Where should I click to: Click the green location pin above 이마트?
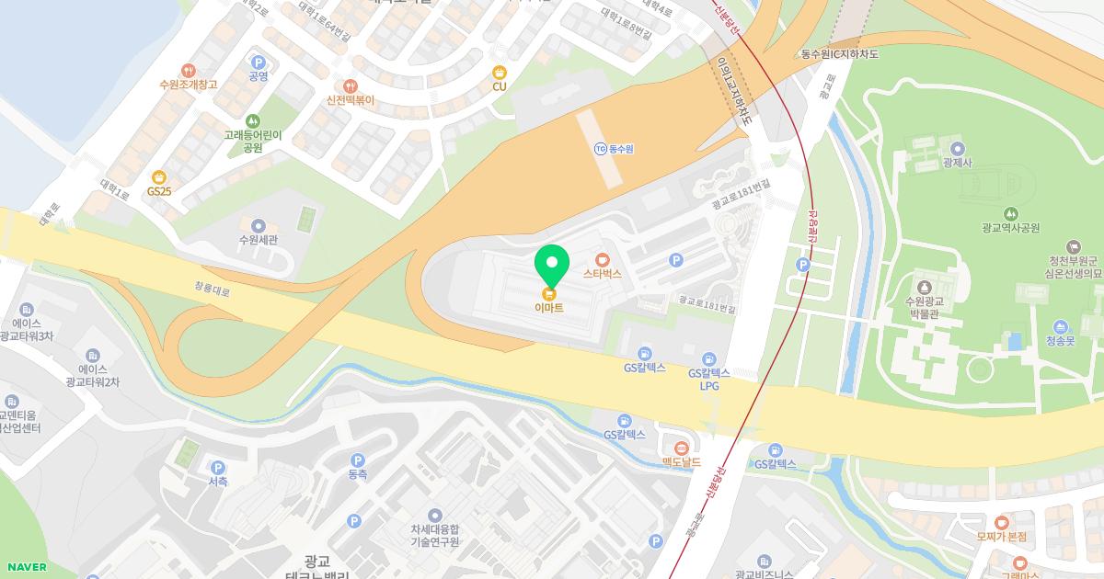[x=552, y=266]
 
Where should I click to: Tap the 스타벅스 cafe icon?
[x=603, y=259]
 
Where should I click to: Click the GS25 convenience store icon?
[x=159, y=177]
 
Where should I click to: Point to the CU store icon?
[x=500, y=72]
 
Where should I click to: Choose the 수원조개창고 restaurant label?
[x=188, y=85]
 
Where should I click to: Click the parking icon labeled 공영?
[x=258, y=61]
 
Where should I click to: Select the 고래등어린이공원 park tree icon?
[x=253, y=120]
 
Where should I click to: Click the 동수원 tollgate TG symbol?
[x=601, y=148]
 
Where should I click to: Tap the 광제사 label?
[x=958, y=163]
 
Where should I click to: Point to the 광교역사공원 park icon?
[x=1010, y=213]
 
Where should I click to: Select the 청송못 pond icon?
[x=1061, y=326]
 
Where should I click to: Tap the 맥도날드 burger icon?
[x=681, y=448]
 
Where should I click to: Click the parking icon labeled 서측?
[x=218, y=467]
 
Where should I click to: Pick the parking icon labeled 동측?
[x=357, y=460]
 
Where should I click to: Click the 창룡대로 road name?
[x=213, y=288]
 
